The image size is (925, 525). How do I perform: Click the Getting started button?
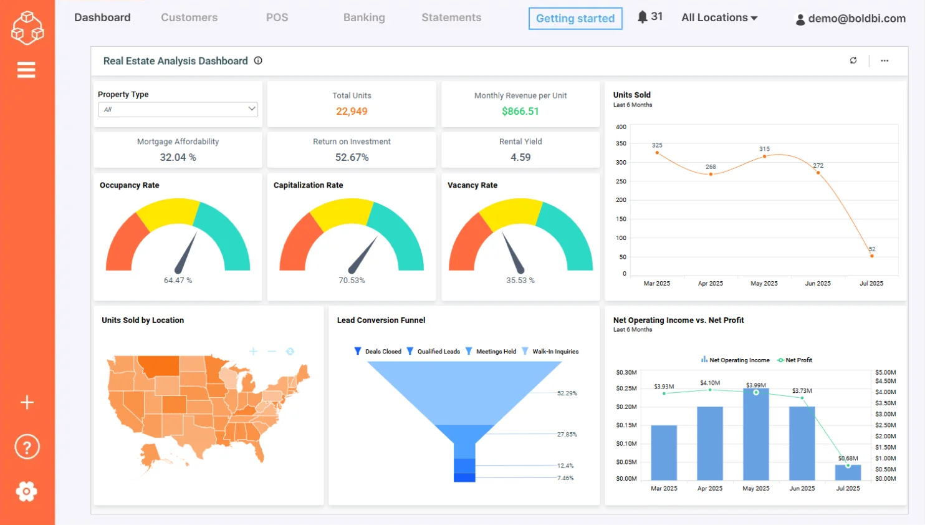click(575, 19)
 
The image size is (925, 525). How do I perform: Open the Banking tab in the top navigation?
click(364, 17)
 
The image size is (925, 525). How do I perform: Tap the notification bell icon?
click(643, 17)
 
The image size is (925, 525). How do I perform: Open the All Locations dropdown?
click(719, 17)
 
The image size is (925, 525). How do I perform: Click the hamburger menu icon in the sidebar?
click(26, 70)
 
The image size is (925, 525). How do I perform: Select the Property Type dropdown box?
click(178, 109)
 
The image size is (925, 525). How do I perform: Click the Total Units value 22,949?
click(352, 111)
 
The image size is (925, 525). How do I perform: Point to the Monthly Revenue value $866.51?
click(520, 111)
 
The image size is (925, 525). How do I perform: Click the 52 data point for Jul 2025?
click(871, 256)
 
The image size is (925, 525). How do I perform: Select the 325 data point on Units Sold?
click(657, 153)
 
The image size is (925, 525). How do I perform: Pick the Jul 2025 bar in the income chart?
click(848, 473)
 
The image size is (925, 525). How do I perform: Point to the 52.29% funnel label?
click(567, 393)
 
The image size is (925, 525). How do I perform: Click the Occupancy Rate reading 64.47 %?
click(178, 281)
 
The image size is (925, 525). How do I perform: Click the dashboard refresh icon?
click(853, 60)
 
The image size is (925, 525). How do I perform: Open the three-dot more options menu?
click(884, 60)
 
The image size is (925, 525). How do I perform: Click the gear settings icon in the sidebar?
click(26, 491)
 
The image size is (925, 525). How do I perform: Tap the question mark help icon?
click(27, 447)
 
